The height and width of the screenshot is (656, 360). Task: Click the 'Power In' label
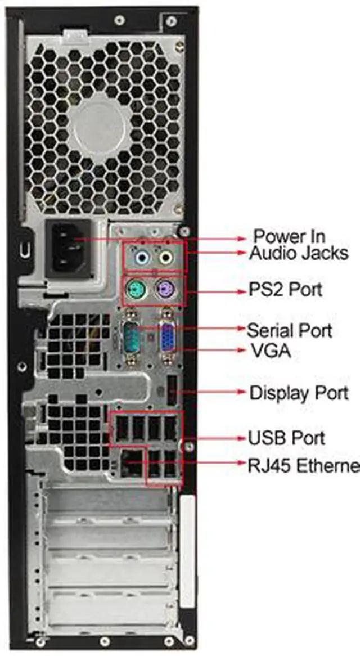pos(289,236)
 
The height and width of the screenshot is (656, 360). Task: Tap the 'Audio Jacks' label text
pos(299,253)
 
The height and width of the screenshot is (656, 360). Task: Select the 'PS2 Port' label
pos(286,290)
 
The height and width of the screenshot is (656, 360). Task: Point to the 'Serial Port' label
pos(289,330)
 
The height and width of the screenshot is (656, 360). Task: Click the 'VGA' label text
pos(271,351)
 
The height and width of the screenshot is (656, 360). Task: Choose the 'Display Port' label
pos(299,392)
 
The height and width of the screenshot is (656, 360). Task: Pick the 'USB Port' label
pos(286,438)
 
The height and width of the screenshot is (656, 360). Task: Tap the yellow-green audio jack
pos(165,258)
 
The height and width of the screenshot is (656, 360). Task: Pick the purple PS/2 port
pos(164,291)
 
